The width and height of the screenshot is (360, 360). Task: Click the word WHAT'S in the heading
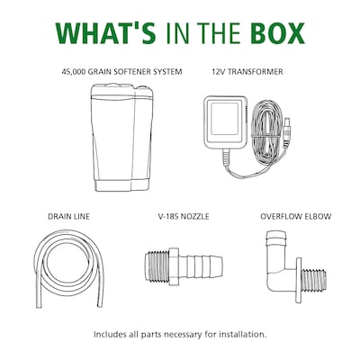pos(105,33)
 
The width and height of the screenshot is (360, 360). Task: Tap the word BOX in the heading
pos(277,33)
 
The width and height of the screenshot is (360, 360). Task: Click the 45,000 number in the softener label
pos(74,72)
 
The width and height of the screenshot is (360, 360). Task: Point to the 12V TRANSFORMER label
pos(247,72)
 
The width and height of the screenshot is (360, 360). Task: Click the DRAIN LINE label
pos(68,216)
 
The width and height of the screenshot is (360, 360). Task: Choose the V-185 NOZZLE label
pos(184,216)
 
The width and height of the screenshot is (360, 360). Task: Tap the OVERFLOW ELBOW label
pos(296,216)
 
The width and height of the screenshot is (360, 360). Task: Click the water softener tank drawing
pos(122,138)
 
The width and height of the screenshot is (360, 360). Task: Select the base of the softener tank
pos(122,185)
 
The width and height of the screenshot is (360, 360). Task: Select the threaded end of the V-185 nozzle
pos(157,266)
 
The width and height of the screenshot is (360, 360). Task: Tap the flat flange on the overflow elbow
pos(298,280)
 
